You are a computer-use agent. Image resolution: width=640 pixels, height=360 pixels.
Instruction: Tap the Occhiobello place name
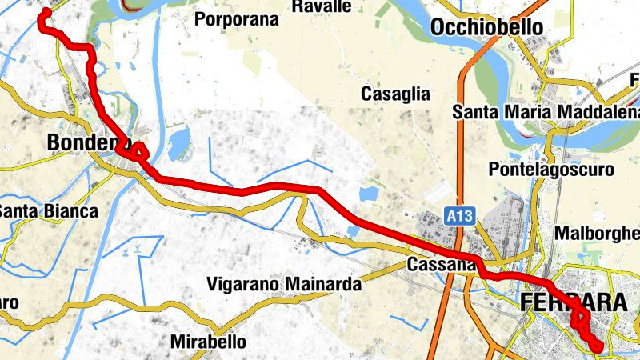(486, 28)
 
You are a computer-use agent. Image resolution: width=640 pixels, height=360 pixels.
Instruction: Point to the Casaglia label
(395, 94)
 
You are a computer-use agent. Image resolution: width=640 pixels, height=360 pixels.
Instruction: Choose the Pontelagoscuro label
(551, 170)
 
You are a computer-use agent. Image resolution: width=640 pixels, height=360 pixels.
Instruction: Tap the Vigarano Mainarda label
(284, 284)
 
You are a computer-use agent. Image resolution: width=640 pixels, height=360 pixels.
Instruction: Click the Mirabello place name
(209, 342)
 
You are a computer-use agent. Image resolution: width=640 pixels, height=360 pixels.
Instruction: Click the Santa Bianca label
(48, 212)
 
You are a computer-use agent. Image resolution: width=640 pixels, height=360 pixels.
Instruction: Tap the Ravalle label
(322, 6)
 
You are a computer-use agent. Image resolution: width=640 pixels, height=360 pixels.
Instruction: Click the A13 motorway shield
(458, 216)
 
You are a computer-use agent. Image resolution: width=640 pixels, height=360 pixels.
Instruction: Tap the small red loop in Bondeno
(139, 150)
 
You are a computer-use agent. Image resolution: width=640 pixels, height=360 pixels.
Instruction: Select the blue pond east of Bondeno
(180, 141)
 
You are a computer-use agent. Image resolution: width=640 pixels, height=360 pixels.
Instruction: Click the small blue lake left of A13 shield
(367, 194)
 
